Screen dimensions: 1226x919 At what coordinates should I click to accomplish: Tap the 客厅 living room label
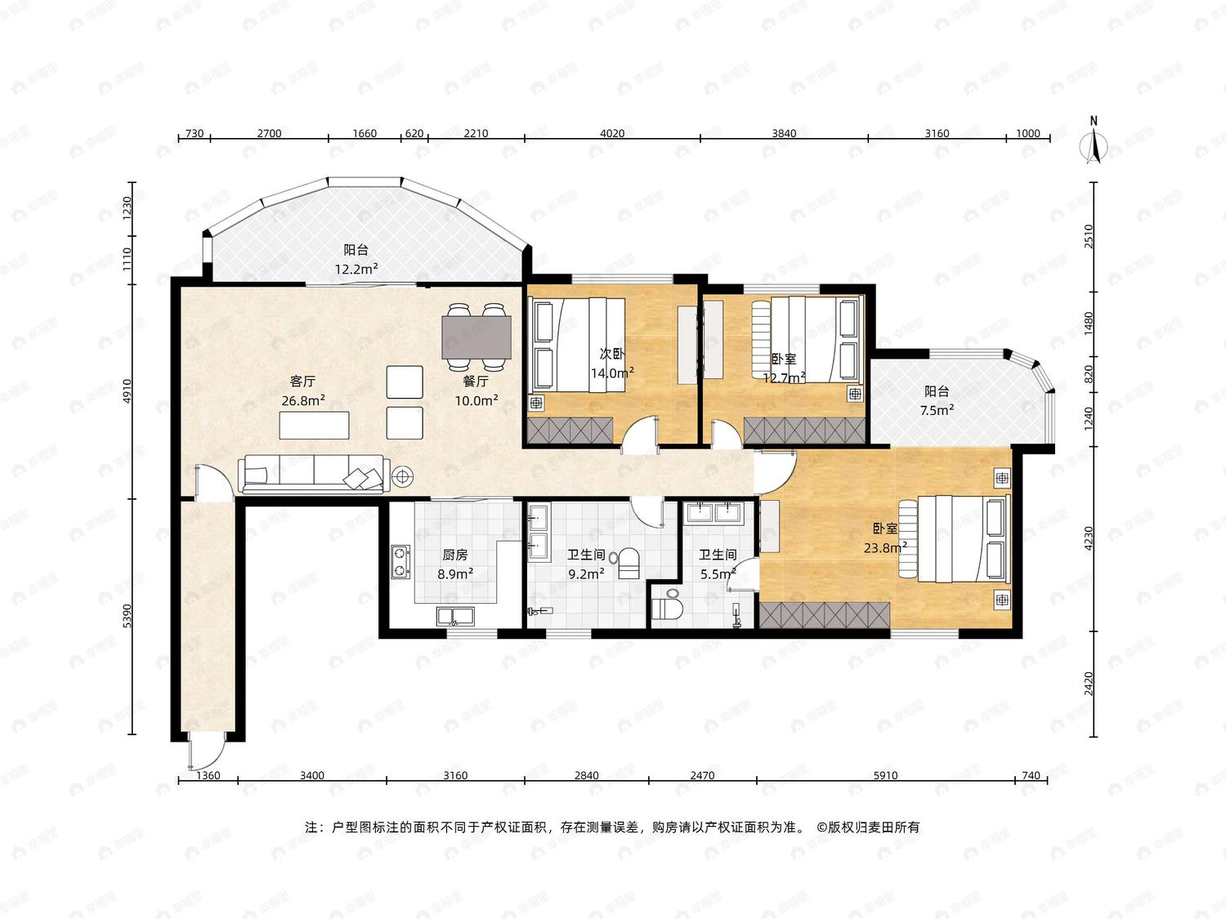(x=302, y=381)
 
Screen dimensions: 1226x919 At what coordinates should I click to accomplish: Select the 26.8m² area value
(x=303, y=400)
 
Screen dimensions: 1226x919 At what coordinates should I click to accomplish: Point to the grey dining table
(x=477, y=337)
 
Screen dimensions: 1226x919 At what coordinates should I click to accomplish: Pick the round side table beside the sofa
(x=402, y=476)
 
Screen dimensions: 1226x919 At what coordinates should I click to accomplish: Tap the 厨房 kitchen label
(x=454, y=555)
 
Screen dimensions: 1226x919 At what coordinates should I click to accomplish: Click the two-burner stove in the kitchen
(x=400, y=561)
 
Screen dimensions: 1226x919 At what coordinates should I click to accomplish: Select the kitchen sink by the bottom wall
(x=455, y=616)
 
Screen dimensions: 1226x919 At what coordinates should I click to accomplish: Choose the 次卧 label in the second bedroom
(x=612, y=354)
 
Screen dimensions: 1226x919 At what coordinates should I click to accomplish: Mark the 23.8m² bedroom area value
(x=885, y=548)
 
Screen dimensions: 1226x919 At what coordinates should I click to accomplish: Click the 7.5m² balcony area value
(x=937, y=411)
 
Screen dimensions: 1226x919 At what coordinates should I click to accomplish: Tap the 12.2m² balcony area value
(x=356, y=269)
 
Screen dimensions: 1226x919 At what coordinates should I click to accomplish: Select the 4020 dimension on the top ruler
(x=612, y=133)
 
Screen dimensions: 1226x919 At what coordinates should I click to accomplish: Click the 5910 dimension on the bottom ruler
(x=885, y=775)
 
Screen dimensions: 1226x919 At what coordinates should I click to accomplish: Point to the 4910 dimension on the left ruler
(x=128, y=391)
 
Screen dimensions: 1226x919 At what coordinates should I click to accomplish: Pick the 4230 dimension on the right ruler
(x=1089, y=538)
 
